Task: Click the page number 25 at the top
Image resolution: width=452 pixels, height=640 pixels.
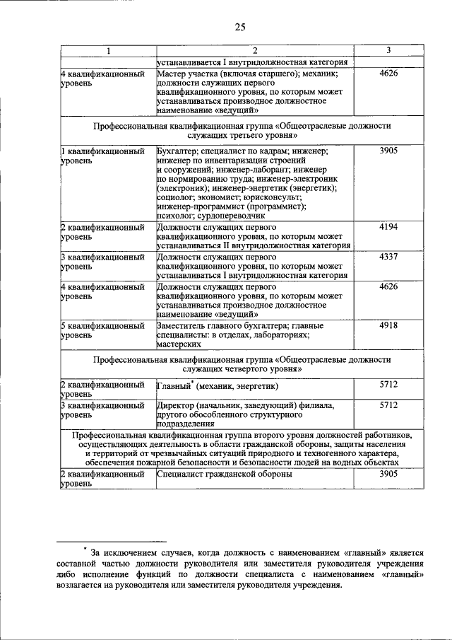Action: point(239,27)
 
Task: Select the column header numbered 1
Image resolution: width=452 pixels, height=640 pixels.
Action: point(108,51)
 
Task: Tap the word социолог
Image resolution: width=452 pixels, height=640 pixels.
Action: point(175,197)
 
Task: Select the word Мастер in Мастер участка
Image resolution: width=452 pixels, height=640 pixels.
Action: point(173,74)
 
